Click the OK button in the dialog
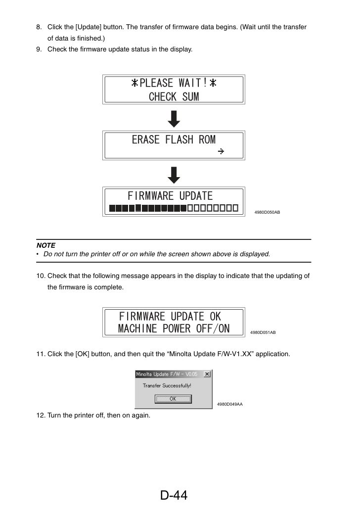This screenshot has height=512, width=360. pyautogui.click(x=173, y=399)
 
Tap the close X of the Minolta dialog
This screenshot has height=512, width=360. pyautogui.click(x=207, y=374)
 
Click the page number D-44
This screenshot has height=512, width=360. pyautogui.click(x=174, y=495)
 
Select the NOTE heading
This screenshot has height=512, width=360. pyautogui.click(x=45, y=245)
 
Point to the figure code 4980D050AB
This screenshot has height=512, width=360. pyautogui.click(x=267, y=212)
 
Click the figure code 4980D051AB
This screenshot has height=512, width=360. pyautogui.click(x=263, y=332)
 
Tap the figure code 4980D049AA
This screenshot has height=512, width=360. pyautogui.click(x=230, y=404)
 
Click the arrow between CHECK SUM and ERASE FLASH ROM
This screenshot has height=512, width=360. pyautogui.click(x=174, y=119)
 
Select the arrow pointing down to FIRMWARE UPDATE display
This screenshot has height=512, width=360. pyautogui.click(x=174, y=175)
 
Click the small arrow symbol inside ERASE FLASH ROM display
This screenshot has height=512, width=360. pyautogui.click(x=221, y=151)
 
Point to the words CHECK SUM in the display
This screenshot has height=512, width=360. pyautogui.click(x=174, y=96)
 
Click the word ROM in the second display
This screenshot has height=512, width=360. pyautogui.click(x=207, y=140)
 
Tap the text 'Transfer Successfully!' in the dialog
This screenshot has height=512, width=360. pyautogui.click(x=167, y=386)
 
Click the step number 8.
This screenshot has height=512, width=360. pyautogui.click(x=39, y=27)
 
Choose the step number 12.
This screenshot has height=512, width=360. pyautogui.click(x=41, y=416)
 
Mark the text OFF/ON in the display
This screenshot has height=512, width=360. pyautogui.click(x=213, y=328)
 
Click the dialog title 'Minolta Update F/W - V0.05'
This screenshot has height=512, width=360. pyautogui.click(x=167, y=374)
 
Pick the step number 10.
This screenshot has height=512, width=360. pyautogui.click(x=41, y=276)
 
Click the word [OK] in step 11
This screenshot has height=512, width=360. pyautogui.click(x=82, y=354)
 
